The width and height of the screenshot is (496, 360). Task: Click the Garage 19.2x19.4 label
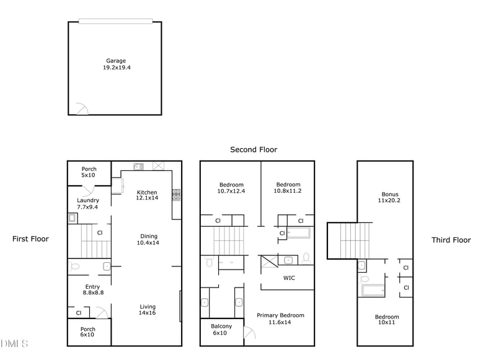pyautogui.click(x=115, y=64)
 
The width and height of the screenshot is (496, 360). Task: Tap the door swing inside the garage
pyautogui.click(x=81, y=109)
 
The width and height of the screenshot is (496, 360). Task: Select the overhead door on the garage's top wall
pyautogui.click(x=115, y=21)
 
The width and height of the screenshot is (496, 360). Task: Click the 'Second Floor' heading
pyautogui.click(x=254, y=149)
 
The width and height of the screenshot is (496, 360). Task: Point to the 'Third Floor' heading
pyautogui.click(x=451, y=240)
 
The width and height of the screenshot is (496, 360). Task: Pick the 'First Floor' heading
pyautogui.click(x=30, y=239)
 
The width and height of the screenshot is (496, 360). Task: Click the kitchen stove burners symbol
pyautogui.click(x=176, y=195)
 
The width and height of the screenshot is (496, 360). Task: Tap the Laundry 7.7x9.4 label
pyautogui.click(x=87, y=204)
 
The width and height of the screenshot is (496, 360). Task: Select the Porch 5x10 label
pyautogui.click(x=89, y=172)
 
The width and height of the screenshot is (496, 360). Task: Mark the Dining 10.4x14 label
pyautogui.click(x=148, y=239)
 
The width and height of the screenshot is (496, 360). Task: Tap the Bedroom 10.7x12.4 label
pyautogui.click(x=231, y=188)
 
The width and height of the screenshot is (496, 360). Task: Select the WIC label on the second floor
pyautogui.click(x=289, y=278)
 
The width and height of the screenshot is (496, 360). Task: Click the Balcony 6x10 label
pyautogui.click(x=221, y=330)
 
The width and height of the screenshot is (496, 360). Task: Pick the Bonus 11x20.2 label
pyautogui.click(x=390, y=197)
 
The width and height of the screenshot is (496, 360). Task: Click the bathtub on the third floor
pyautogui.click(x=373, y=290)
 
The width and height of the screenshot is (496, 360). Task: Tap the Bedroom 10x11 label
pyautogui.click(x=387, y=320)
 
